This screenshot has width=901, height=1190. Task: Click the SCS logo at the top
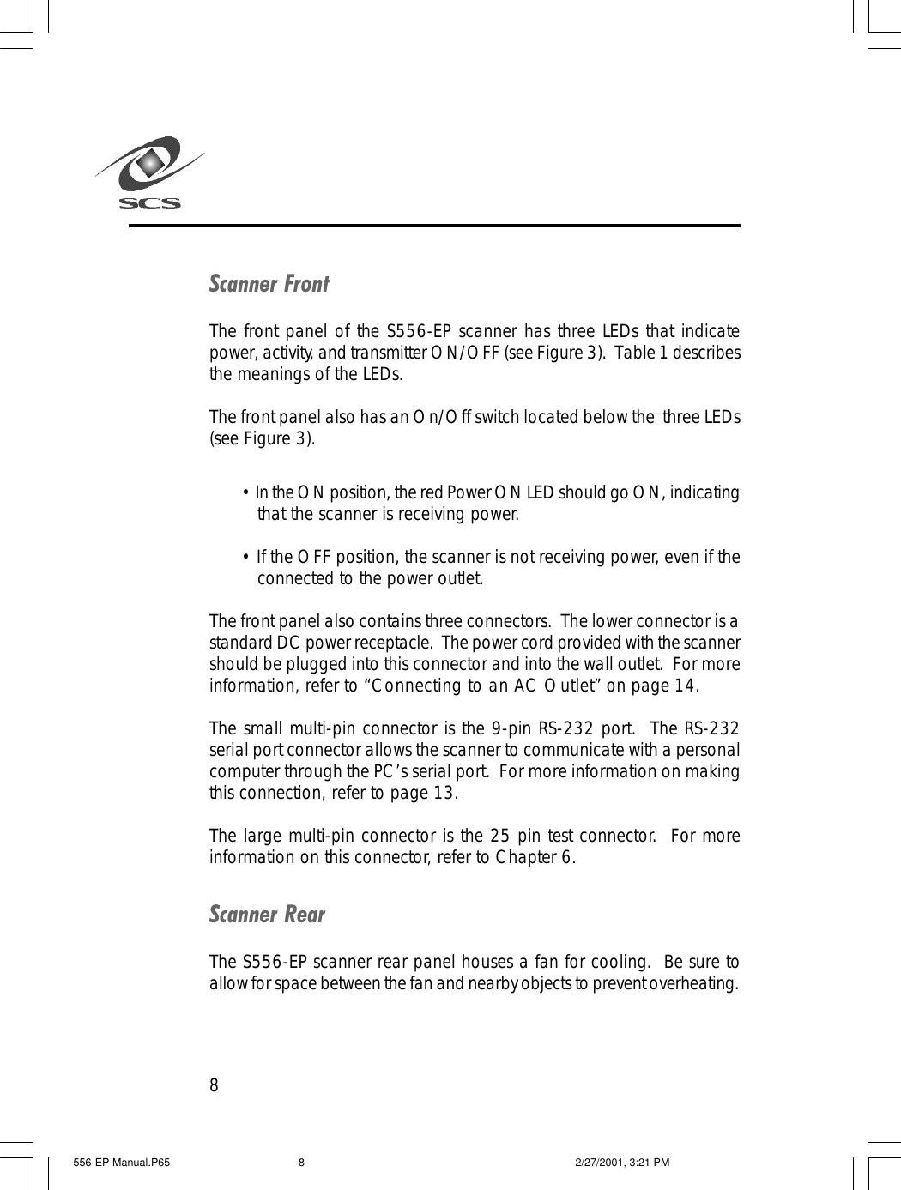coord(150,173)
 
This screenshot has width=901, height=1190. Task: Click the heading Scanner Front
coord(269,284)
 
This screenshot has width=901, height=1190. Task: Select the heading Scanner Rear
coord(267,915)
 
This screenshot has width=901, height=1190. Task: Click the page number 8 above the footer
coord(215,1086)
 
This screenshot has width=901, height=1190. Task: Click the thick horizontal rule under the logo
coord(434,226)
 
